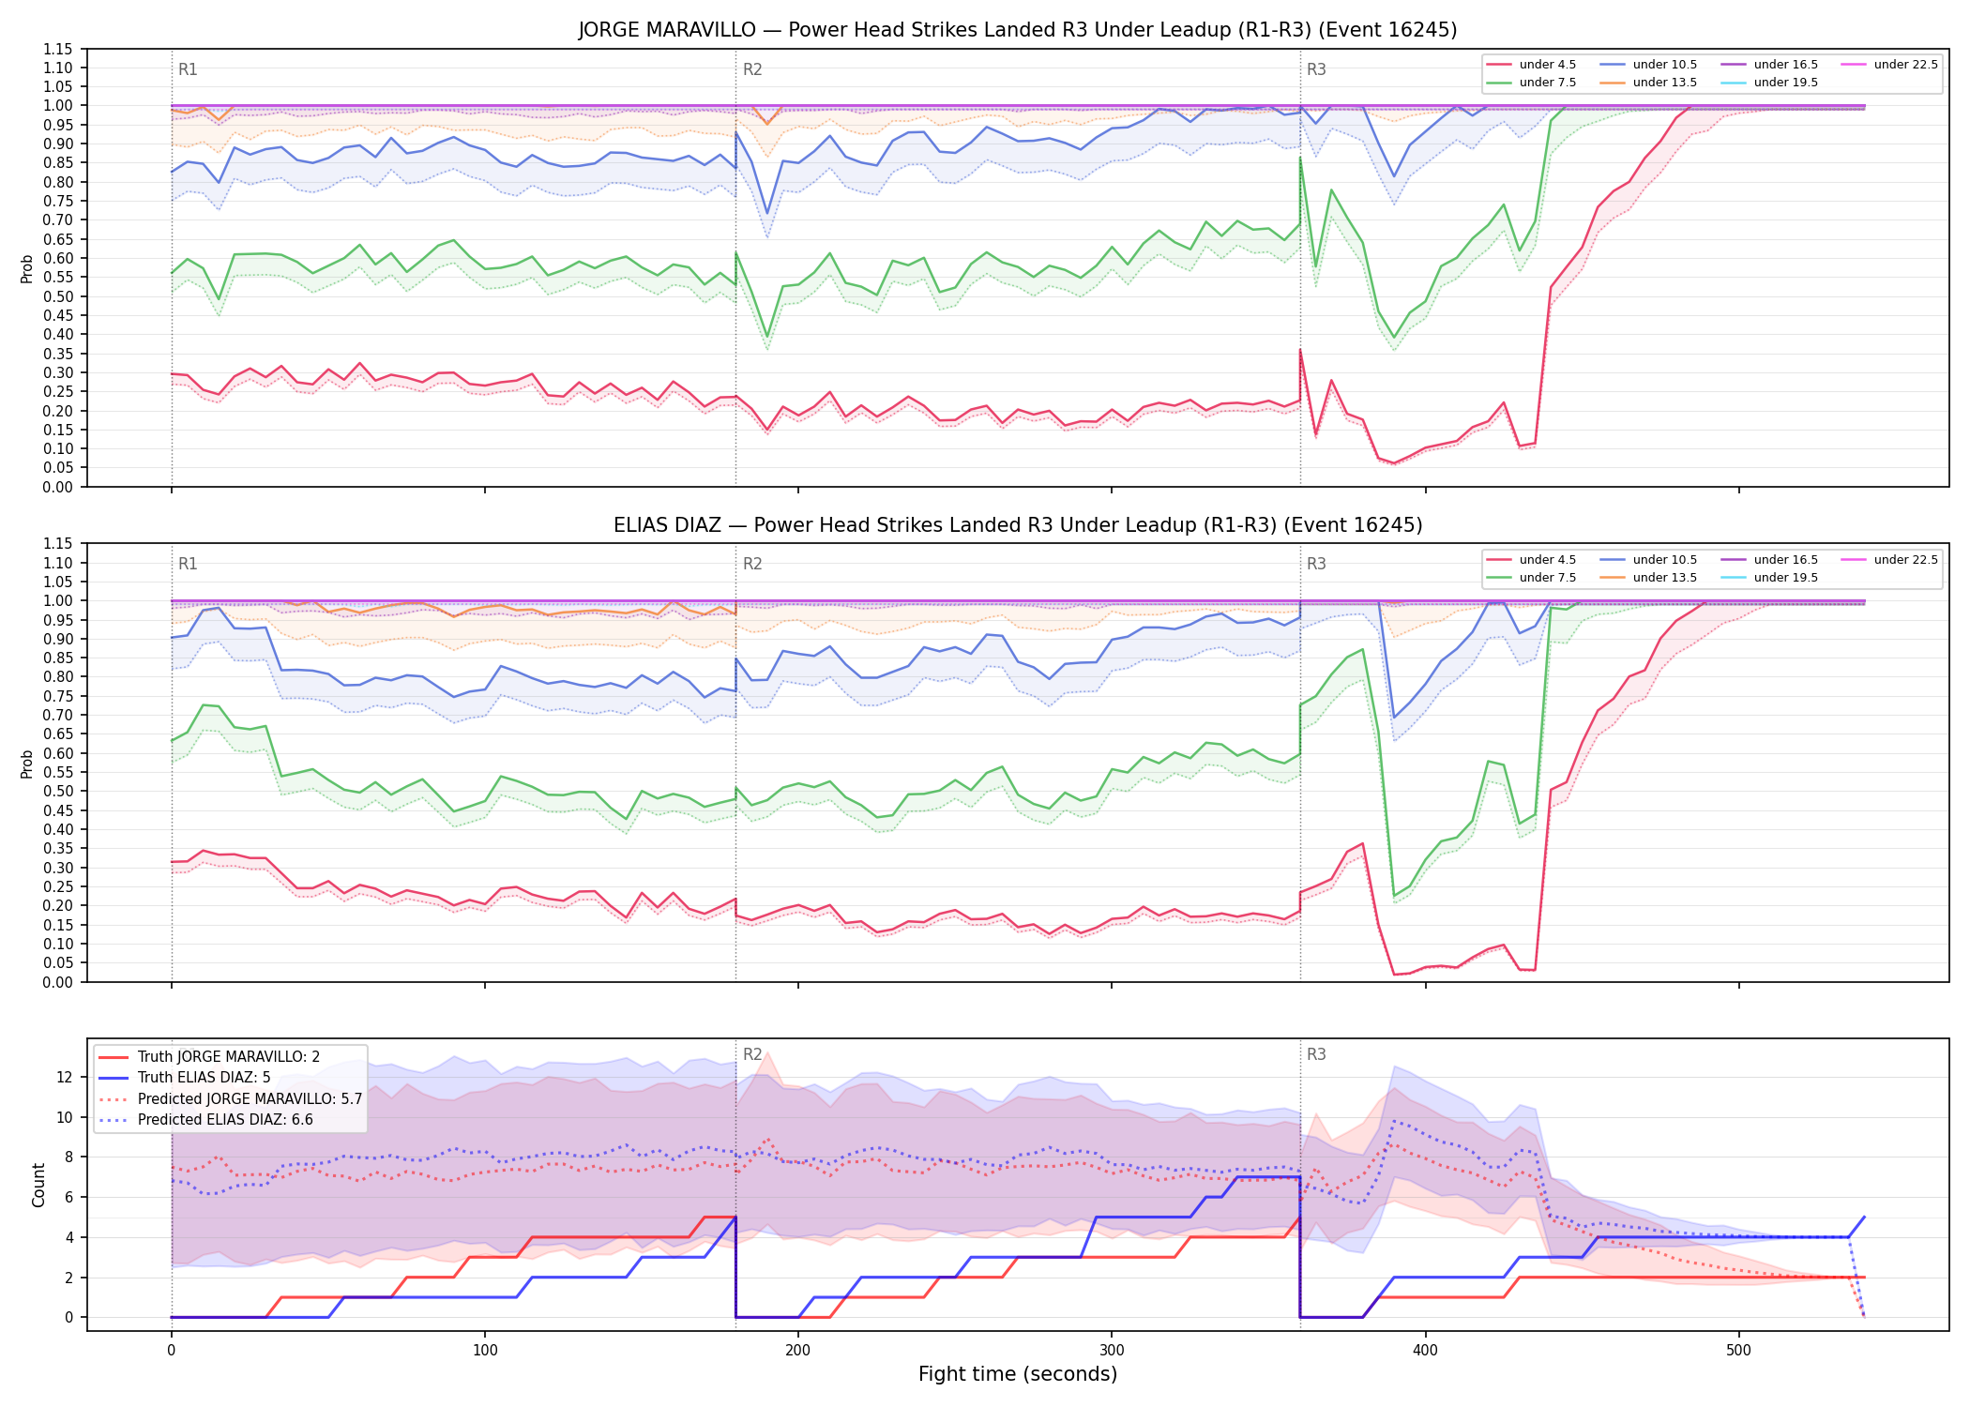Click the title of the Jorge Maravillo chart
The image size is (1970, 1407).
[x=1017, y=30]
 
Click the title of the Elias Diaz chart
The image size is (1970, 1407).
[x=1017, y=525]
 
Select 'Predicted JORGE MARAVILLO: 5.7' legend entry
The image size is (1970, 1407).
[x=230, y=1098]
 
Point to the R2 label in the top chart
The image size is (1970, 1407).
[x=752, y=69]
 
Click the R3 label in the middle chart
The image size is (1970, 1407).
[x=1316, y=564]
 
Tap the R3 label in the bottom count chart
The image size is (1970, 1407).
[x=1316, y=1054]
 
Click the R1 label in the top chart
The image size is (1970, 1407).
[x=188, y=69]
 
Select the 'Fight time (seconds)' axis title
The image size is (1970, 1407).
[x=1018, y=1374]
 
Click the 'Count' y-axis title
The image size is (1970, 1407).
[x=38, y=1185]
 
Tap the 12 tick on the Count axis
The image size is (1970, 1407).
[x=65, y=1077]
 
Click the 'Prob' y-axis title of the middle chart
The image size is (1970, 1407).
[x=27, y=764]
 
